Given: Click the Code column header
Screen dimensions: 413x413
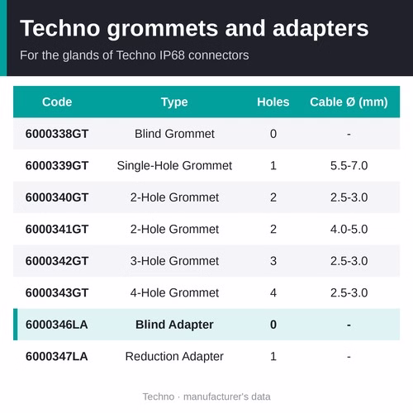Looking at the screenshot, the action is tap(57, 102).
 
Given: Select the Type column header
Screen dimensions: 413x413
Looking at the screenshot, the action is tap(174, 102).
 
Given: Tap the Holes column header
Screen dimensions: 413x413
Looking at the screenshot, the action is tap(273, 102).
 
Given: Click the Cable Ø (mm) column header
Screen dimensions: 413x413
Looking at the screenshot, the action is tap(349, 102).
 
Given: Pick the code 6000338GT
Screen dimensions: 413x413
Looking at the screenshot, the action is tap(57, 134).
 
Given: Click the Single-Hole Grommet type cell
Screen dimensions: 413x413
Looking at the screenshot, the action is tap(174, 166).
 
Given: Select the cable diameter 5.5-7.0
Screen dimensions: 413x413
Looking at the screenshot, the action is tap(349, 166).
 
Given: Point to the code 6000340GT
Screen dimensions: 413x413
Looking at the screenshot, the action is tap(57, 197).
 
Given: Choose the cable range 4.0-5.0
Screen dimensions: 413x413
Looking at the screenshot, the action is tap(349, 230).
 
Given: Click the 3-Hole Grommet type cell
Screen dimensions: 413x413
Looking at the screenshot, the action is tap(174, 261).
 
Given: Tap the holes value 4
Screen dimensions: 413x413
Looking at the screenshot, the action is tap(273, 293).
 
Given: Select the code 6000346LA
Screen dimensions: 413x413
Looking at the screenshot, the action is tap(56, 325).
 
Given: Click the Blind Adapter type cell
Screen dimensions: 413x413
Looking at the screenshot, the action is tap(174, 325).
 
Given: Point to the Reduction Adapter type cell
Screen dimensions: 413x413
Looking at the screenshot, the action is tap(174, 357).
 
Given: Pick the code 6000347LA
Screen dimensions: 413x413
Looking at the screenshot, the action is tap(56, 357).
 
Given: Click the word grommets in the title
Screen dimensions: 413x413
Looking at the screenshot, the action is tap(163, 29).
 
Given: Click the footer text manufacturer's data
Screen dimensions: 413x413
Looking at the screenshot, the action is tap(227, 396).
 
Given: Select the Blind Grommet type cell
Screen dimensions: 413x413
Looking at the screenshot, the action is tap(174, 134).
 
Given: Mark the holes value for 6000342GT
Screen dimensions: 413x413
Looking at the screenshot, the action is tap(273, 261).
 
